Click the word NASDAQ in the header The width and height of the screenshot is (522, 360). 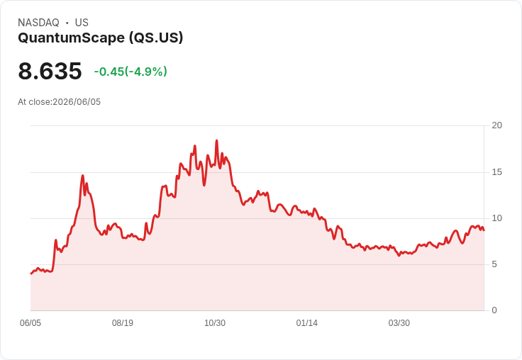(38, 23)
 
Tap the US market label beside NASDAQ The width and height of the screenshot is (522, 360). (82, 23)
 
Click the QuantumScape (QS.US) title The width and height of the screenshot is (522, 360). (101, 38)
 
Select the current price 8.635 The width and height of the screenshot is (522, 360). (50, 71)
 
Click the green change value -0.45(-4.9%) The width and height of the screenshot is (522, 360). (130, 72)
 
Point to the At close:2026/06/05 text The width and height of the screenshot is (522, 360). (60, 102)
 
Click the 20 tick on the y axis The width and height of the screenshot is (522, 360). (496, 125)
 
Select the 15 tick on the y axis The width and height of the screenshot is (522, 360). (496, 172)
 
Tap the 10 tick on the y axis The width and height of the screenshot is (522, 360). (496, 218)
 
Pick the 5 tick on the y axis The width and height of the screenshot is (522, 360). (494, 264)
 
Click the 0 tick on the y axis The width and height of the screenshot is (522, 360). (494, 310)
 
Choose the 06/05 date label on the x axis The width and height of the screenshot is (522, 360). (30, 323)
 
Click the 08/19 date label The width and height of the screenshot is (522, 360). (123, 323)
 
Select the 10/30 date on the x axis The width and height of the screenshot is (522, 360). (215, 323)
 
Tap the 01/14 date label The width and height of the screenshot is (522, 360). (306, 323)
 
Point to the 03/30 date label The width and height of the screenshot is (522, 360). (399, 323)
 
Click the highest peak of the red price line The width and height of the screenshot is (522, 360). (217, 141)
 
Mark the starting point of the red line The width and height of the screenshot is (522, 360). (31, 274)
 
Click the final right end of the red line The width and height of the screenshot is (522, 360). (484, 230)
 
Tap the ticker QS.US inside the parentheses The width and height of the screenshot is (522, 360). (156, 38)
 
